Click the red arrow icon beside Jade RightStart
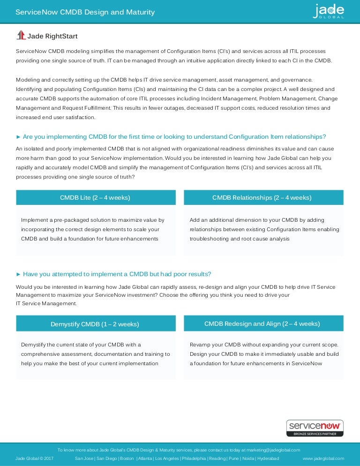(x=21, y=35)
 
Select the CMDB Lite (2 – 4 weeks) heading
(x=95, y=198)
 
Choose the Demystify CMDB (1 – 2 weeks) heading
(x=95, y=324)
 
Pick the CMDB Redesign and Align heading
(x=262, y=323)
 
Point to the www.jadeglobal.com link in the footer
(x=323, y=458)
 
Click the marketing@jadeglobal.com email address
(x=274, y=450)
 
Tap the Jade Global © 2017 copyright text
(x=34, y=458)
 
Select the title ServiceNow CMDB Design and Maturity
(x=85, y=12)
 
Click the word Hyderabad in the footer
(x=268, y=458)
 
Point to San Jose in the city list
(x=84, y=458)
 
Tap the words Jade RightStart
(x=52, y=36)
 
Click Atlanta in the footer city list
(x=145, y=458)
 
